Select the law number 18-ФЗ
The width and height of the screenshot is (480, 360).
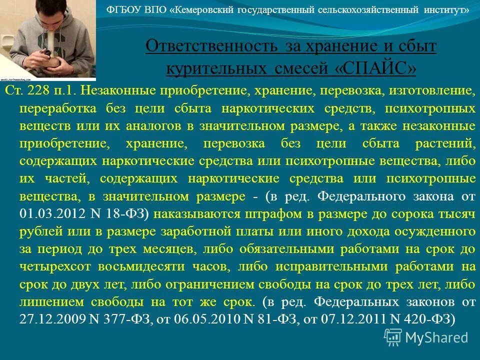tap(125, 213)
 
